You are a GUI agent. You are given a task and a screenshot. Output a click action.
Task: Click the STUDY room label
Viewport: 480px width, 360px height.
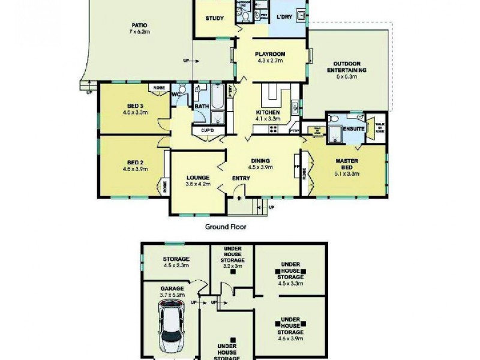pos(214,19)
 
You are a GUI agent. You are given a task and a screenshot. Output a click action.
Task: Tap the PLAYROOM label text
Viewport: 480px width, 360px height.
pos(269,54)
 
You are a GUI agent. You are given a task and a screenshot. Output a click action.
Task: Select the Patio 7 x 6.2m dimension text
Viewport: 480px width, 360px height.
pos(139,32)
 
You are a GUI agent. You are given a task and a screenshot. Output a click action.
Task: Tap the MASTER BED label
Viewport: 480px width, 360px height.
pos(346,164)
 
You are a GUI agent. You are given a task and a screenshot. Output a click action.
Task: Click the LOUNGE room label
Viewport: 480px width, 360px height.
pos(197,178)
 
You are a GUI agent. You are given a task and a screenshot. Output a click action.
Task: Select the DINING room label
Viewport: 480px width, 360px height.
pos(260,160)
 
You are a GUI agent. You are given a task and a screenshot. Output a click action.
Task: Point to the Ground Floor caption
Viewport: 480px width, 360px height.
pos(226,227)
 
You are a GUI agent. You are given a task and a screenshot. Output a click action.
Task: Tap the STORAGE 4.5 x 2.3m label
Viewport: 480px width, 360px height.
pos(176,259)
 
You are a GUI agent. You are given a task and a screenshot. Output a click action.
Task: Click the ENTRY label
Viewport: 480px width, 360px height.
pos(241,178)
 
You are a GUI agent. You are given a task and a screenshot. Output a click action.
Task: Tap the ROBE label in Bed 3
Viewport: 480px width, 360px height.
pos(158,88)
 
